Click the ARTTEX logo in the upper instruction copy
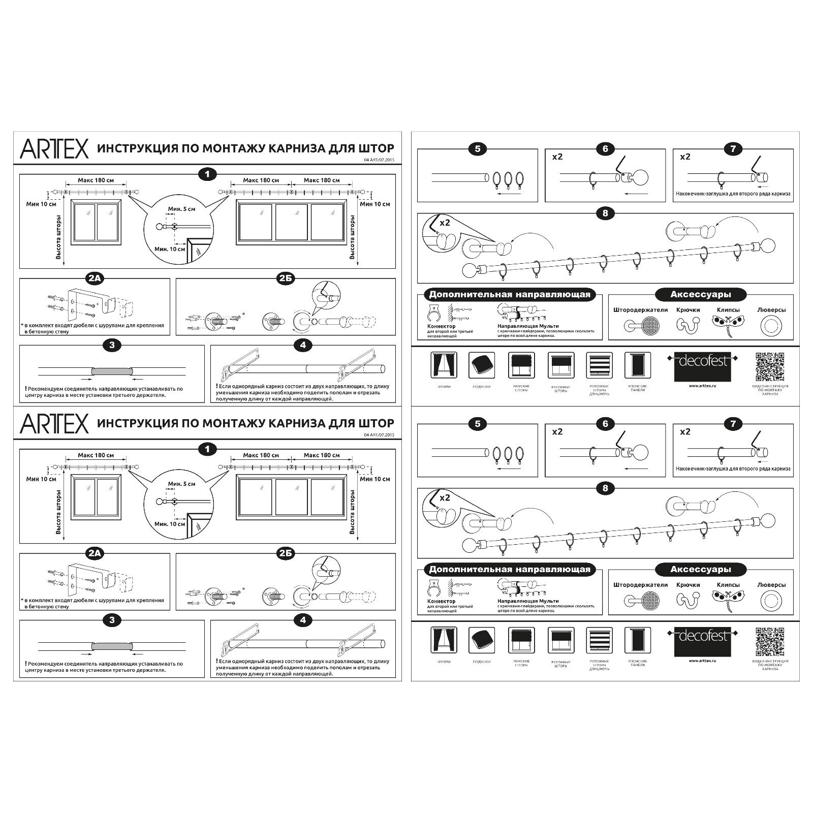point(54,148)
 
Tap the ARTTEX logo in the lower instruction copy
point(54,423)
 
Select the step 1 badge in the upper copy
point(207,174)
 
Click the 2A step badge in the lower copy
point(95,553)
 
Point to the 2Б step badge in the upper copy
point(286,278)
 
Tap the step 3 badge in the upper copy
point(112,346)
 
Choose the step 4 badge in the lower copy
point(303,620)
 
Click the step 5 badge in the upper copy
point(477,149)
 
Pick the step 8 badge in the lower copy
point(605,488)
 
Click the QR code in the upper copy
point(770,366)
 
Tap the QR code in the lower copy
point(770,641)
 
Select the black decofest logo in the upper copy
point(702,366)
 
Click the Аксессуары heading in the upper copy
point(700,294)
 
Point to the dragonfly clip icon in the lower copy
point(728,600)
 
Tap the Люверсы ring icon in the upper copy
point(771,326)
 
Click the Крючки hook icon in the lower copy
point(687,600)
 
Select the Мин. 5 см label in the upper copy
point(181,209)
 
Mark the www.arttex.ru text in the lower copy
point(702,661)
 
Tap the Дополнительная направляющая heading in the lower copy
point(510,569)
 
